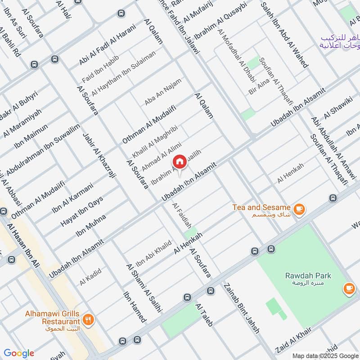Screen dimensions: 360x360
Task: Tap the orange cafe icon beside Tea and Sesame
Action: pyautogui.click(x=299, y=209)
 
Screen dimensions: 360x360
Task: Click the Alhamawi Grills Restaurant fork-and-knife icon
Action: pyautogui.click(x=88, y=320)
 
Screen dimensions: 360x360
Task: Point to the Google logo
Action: pyautogui.click(x=18, y=353)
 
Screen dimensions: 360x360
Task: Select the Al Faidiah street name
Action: pyautogui.click(x=182, y=215)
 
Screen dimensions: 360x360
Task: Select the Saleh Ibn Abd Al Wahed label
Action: pyautogui.click(x=284, y=35)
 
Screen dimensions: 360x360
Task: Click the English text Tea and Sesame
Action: pyautogui.click(x=261, y=207)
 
